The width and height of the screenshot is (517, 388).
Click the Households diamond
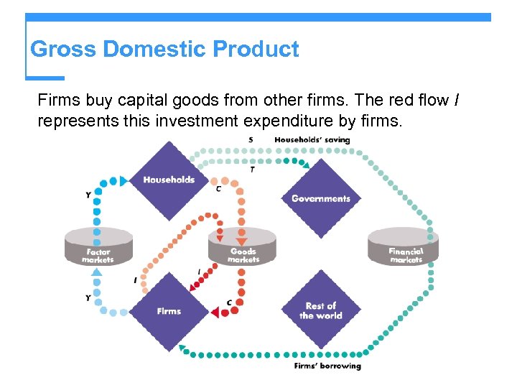[169, 179]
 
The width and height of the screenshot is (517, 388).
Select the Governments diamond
[320, 198]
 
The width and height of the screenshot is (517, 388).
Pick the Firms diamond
[169, 310]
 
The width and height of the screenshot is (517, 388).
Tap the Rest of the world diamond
[320, 310]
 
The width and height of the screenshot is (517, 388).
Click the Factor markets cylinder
[98, 246]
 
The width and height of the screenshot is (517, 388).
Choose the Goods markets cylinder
[243, 246]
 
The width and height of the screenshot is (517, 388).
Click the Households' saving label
[312, 139]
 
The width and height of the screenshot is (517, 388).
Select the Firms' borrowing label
[327, 366]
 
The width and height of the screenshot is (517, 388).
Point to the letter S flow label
[250, 139]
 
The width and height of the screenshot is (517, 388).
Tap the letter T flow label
[252, 170]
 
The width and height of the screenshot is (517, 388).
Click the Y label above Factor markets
[88, 195]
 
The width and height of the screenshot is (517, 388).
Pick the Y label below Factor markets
[88, 297]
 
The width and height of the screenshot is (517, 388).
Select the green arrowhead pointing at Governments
[306, 166]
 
